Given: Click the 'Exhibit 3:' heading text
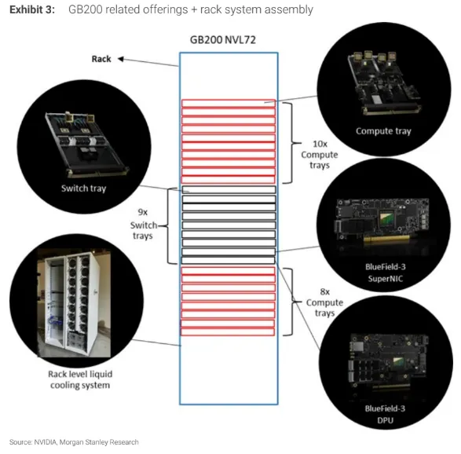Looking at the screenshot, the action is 32,9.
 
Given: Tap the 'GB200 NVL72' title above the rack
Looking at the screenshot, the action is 223,40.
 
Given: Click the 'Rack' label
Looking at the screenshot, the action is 101,59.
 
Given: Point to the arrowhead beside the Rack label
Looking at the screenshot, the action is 120,59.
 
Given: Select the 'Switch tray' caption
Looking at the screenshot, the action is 83,189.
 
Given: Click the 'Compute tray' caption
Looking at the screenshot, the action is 383,131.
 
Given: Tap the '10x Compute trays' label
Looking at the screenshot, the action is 320,155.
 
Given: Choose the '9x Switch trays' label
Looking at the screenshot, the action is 144,224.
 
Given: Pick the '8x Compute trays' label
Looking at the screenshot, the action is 324,302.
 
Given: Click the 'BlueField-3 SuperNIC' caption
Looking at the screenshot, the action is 385,273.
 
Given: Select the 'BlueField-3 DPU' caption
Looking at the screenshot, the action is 385,414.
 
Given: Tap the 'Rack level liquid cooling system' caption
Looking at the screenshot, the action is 80,379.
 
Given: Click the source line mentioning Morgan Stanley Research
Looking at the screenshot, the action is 74,442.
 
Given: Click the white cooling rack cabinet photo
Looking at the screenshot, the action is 74,303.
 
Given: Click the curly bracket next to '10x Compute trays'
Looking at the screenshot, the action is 292,143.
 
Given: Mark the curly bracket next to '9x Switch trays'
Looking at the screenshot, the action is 167,226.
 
